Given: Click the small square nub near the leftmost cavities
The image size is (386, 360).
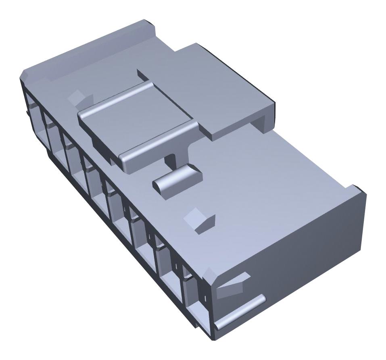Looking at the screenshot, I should click(x=79, y=97).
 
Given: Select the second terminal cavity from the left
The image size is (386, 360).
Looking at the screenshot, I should click(x=52, y=129).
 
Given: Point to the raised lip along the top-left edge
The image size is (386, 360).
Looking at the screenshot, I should click(x=89, y=44).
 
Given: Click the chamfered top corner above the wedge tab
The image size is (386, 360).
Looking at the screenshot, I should click(x=210, y=274).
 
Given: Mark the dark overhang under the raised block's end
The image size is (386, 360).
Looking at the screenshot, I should click(x=266, y=121).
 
